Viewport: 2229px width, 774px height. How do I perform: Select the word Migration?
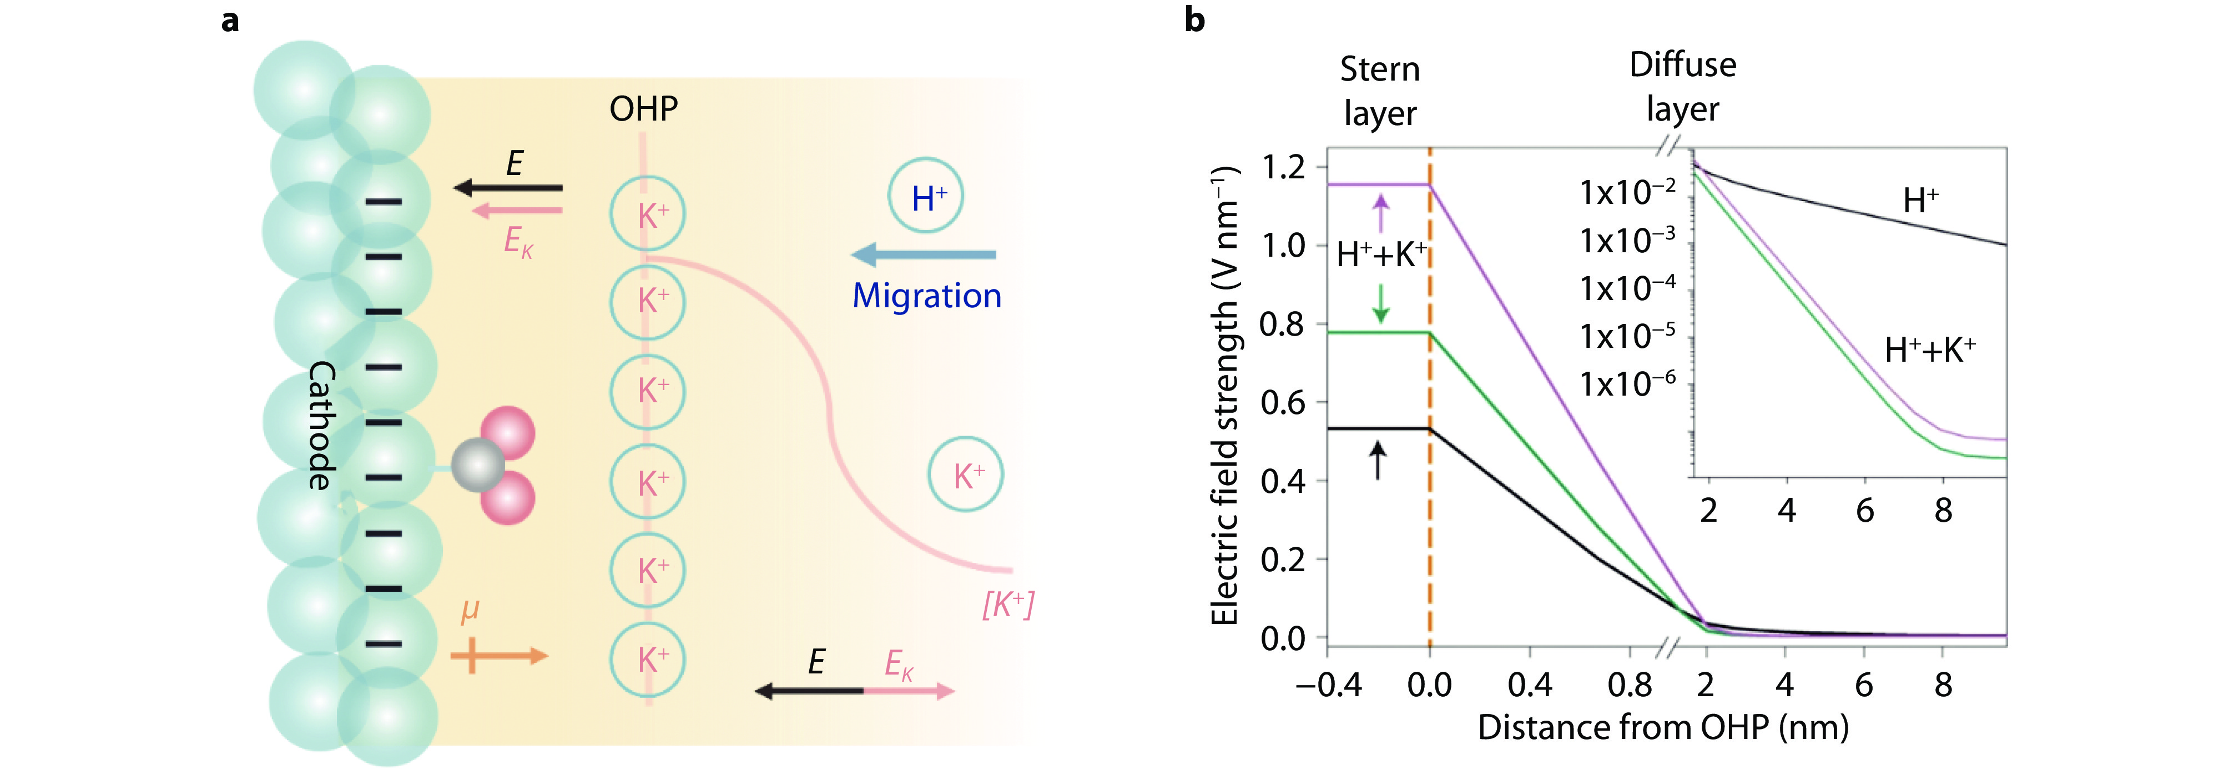927,296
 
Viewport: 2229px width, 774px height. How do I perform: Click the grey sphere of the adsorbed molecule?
478,465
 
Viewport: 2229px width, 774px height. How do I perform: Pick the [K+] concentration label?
1008,605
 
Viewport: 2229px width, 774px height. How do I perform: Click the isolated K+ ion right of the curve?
966,475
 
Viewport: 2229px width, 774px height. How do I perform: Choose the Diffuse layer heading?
1682,87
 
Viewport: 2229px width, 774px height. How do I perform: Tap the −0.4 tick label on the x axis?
1328,685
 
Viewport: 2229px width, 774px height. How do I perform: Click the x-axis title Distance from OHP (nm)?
1662,727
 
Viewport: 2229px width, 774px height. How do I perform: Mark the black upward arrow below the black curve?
1376,460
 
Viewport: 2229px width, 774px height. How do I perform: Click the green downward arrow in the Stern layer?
1381,304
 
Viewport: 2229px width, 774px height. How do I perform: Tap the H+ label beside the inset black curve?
1920,201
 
